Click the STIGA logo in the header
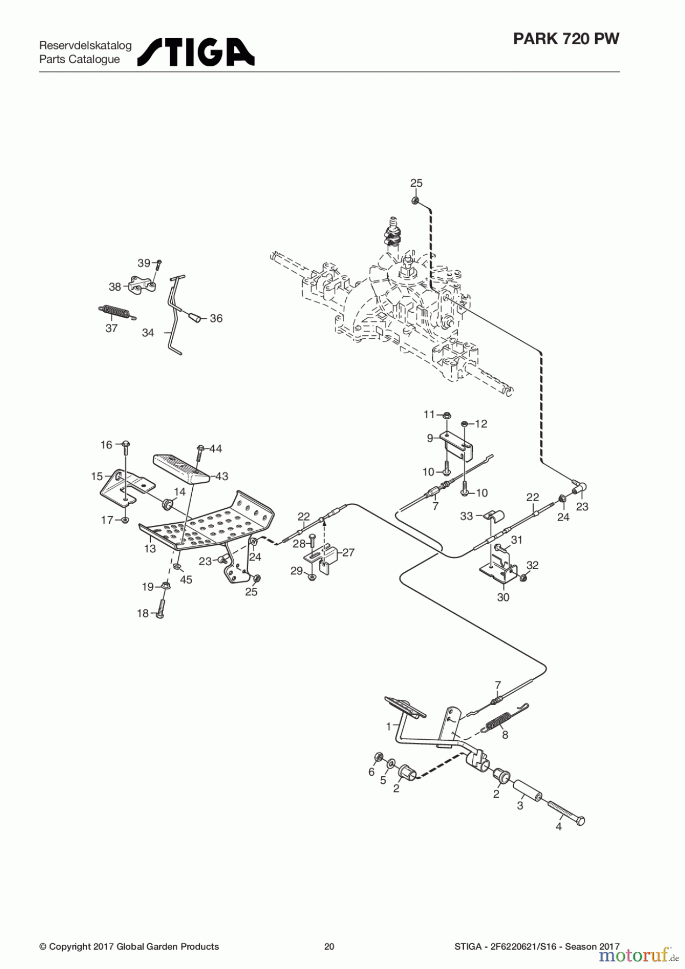pos(195,52)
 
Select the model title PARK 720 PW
pos(566,39)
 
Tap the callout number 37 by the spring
pos(111,328)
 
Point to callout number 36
pos(216,318)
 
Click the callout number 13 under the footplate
pos(150,549)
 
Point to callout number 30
pos(503,597)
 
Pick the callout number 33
pos(466,516)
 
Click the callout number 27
pos(348,552)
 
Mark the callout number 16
pos(106,445)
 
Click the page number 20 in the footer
pos(329,946)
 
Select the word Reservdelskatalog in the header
pos(85,45)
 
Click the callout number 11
pos(429,414)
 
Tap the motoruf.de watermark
pos(639,955)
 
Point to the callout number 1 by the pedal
pos(389,727)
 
